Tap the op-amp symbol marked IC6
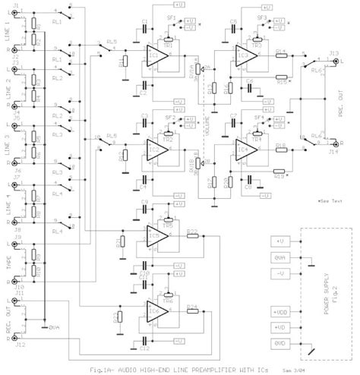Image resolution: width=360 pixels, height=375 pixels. click(155, 311)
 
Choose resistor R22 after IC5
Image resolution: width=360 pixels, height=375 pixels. click(191, 235)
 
